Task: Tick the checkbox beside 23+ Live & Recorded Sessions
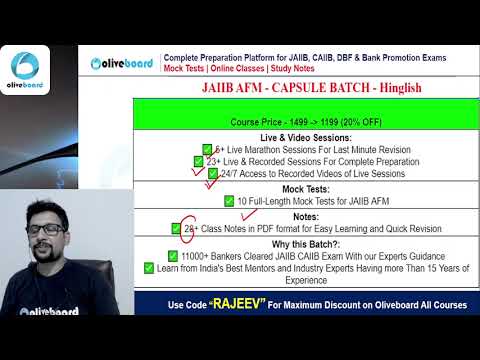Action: (x=198, y=160)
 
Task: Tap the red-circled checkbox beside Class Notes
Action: (x=177, y=228)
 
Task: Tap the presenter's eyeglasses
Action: (x=45, y=229)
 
